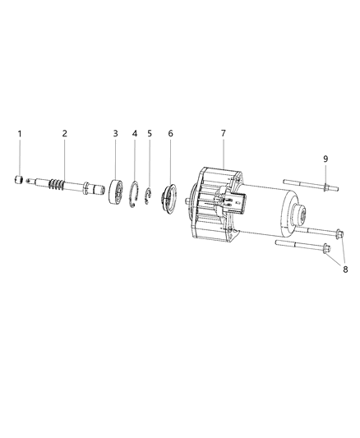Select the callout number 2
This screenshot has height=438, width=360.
[65, 132]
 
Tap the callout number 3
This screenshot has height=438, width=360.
[116, 132]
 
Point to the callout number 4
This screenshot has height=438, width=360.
[135, 132]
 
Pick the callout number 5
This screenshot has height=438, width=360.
[150, 132]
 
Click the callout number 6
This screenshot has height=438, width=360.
[170, 132]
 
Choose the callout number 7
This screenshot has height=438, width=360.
[223, 132]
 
